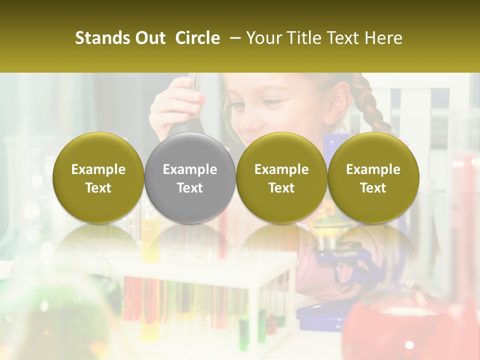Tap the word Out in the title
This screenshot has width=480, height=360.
150,38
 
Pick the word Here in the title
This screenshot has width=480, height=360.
384,38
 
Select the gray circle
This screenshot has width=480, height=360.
190,178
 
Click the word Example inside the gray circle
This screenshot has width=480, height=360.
190,169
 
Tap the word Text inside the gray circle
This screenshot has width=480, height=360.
190,188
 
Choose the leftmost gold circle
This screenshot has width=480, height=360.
98,178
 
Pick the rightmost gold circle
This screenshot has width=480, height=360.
373,178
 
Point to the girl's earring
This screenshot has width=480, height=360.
330,120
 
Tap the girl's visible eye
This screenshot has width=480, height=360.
271,102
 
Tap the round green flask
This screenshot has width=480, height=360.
55,320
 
